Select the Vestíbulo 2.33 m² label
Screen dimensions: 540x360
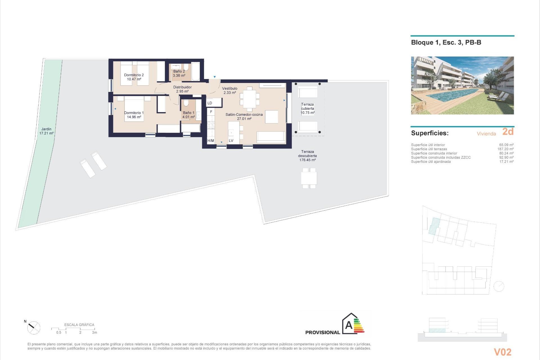click(230, 91)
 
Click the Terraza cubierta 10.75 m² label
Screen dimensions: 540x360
click(307, 109)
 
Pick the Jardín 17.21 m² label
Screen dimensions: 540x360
click(46, 131)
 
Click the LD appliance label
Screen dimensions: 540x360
click(210, 103)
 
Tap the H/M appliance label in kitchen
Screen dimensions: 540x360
click(211, 141)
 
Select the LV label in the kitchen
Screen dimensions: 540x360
click(231, 141)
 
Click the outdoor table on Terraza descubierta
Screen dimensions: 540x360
click(309, 178)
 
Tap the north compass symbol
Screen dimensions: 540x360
click(34, 328)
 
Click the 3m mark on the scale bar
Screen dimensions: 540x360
click(94, 332)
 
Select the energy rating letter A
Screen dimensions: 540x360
click(349, 325)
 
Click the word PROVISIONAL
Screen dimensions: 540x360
click(323, 332)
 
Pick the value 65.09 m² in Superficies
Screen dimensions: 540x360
click(506, 145)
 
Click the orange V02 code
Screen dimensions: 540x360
click(503, 352)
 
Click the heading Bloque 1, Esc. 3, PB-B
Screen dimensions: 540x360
click(446, 42)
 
